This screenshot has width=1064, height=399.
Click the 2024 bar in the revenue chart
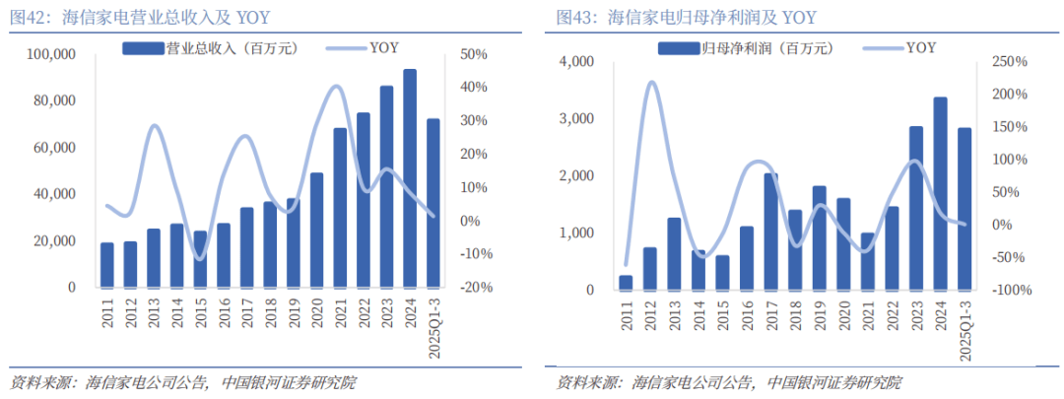pos(409,178)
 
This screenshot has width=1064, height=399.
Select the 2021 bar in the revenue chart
pos(340,208)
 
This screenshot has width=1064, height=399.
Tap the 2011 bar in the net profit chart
pos(626,283)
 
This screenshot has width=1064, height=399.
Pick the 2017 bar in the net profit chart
pos(771,233)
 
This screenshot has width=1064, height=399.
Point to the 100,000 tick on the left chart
pos(49,54)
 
